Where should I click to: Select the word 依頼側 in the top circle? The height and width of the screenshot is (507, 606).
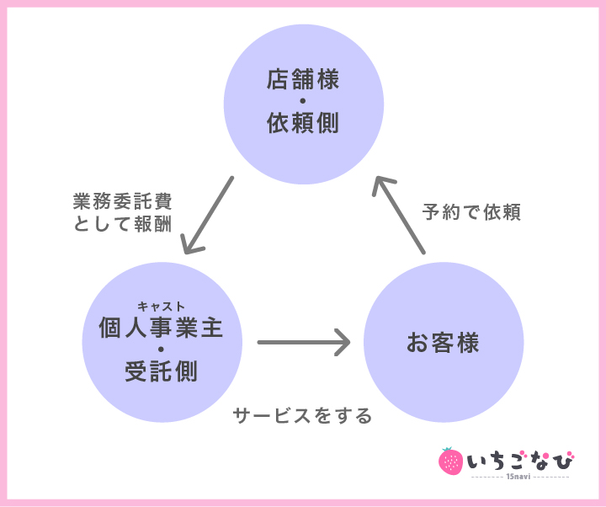click(x=303, y=124)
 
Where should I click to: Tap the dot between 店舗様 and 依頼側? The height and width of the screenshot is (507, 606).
click(x=303, y=103)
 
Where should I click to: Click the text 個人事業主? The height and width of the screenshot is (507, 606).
click(x=161, y=327)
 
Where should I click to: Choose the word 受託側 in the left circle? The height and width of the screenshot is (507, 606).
click(x=161, y=371)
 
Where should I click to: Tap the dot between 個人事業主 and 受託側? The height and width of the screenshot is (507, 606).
click(x=161, y=349)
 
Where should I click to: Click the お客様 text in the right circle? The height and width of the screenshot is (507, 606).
click(x=443, y=343)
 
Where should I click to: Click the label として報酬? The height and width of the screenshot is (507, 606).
click(x=122, y=225)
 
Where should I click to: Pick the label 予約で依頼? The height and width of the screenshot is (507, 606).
click(x=472, y=212)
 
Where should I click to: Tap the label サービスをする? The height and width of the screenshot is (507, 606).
click(x=302, y=416)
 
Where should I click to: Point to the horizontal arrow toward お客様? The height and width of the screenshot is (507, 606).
click(x=303, y=343)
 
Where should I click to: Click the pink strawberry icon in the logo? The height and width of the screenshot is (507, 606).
click(x=451, y=461)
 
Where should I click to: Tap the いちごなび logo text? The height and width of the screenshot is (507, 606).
click(x=518, y=461)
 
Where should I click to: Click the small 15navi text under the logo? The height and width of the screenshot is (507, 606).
click(x=518, y=478)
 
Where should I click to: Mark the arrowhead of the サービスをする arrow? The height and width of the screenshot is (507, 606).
click(x=342, y=343)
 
